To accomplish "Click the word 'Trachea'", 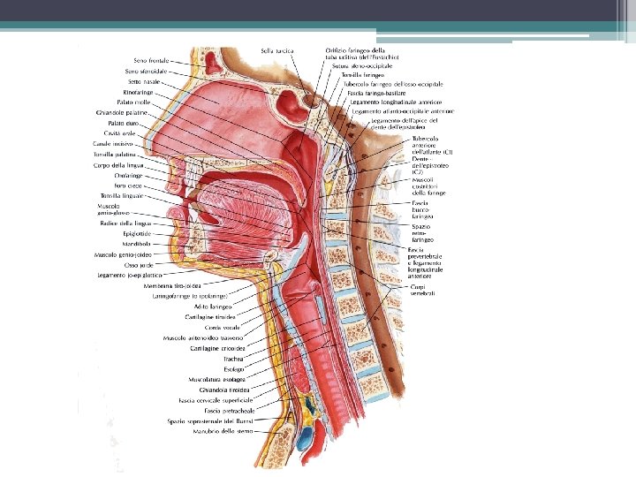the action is tap(234, 359).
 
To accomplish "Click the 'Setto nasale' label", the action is tap(148, 81).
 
